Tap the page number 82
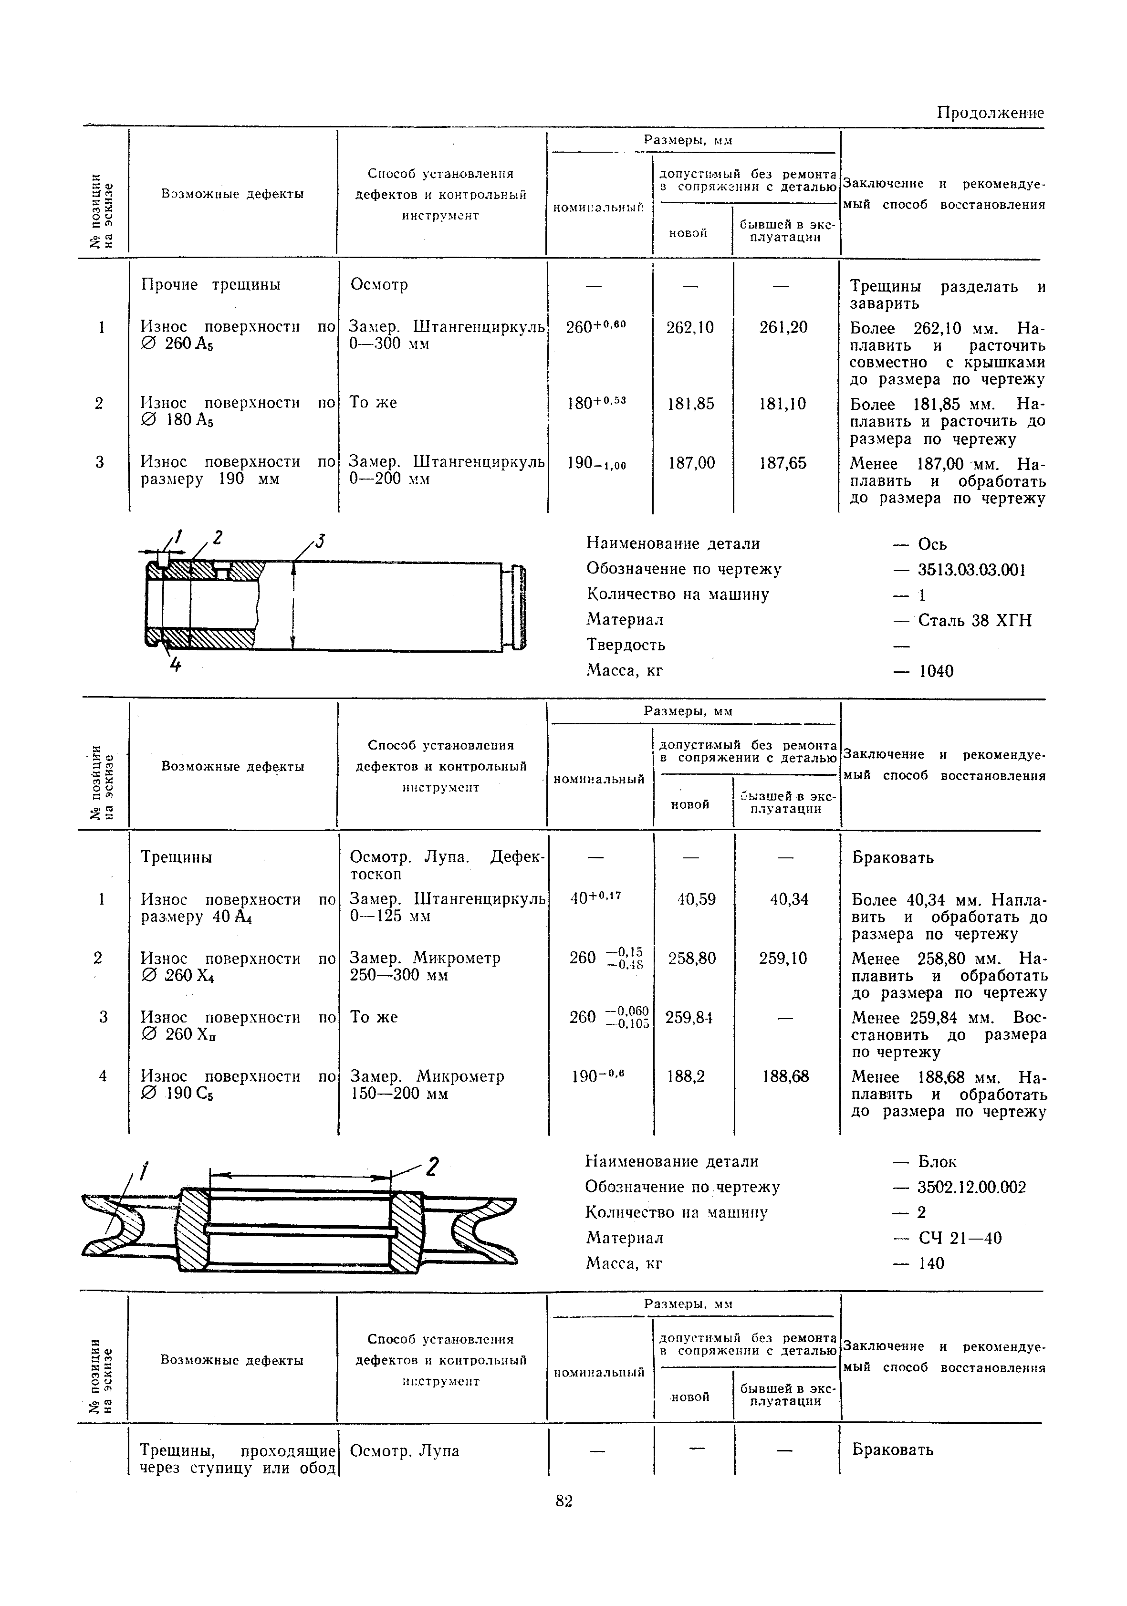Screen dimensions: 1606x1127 [x=564, y=1501]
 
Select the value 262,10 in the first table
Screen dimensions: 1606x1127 [x=690, y=327]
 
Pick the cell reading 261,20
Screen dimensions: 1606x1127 [x=783, y=327]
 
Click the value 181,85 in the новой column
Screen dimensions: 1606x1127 [x=690, y=404]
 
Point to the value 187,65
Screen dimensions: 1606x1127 [x=783, y=463]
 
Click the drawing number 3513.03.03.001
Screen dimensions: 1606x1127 [x=971, y=569]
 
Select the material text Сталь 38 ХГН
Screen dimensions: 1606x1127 [x=974, y=620]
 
